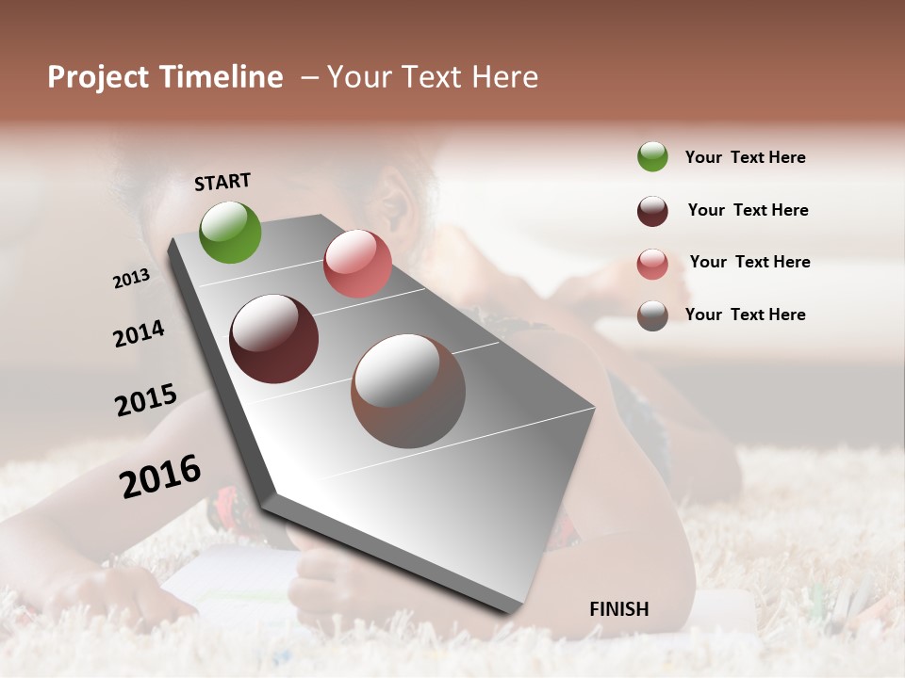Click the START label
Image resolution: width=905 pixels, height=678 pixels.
[222, 182]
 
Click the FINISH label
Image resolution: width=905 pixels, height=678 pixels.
[618, 609]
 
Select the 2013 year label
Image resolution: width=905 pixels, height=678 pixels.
[131, 279]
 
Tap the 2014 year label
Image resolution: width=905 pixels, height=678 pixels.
[139, 334]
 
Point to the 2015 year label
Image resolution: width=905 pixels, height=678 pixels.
[146, 400]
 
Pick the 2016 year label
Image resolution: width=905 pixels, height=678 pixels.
[160, 476]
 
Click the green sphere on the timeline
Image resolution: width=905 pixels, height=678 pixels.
[230, 232]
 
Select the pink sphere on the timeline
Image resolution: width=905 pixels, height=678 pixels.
[357, 263]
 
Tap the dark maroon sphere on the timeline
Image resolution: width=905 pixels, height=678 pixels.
[273, 339]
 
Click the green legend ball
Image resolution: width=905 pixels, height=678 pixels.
[652, 156]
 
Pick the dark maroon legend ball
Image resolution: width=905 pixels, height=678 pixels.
[652, 211]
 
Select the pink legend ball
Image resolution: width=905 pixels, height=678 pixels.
[652, 264]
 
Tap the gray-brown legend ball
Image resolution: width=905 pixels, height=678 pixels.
[652, 316]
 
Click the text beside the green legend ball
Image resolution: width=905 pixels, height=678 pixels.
[745, 157]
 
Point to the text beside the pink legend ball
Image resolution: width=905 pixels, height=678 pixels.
[749, 262]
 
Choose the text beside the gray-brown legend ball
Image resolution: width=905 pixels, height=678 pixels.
[745, 315]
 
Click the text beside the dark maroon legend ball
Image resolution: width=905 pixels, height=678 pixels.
[748, 210]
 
